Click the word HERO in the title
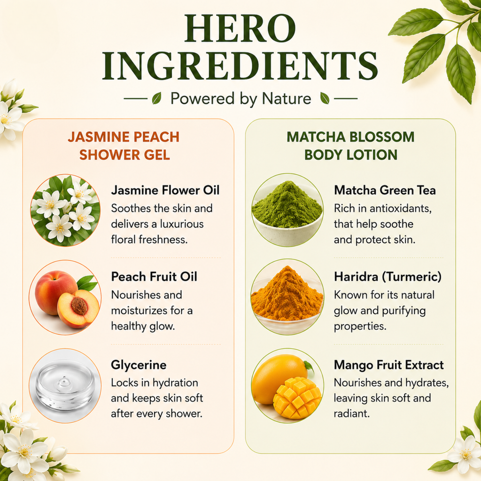click(240, 29)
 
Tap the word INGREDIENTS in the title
click(240, 66)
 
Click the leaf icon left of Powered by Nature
click(157, 98)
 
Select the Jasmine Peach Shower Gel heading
click(124, 146)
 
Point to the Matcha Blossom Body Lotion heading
click(350, 146)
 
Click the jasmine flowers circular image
click(65, 210)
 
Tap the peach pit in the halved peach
click(79, 306)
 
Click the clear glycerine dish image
click(65, 385)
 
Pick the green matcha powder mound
click(287, 206)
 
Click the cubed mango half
click(297, 398)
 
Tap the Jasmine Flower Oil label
click(165, 190)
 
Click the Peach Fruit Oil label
click(154, 277)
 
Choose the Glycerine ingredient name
click(139, 365)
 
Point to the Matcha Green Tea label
click(385, 190)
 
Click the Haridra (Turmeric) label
click(388, 277)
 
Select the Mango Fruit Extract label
click(388, 365)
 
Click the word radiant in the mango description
click(351, 413)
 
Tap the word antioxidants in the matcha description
click(401, 209)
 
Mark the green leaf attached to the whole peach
click(87, 283)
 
